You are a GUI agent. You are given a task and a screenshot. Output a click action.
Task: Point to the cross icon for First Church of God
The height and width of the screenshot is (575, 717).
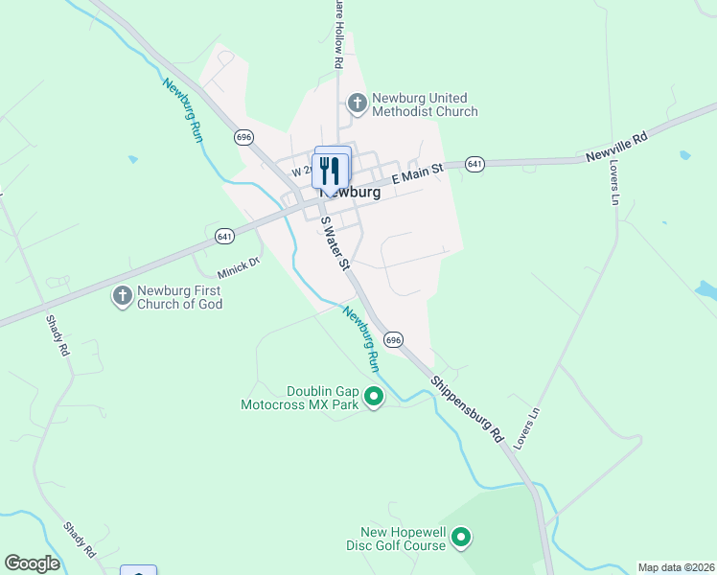point(123,296)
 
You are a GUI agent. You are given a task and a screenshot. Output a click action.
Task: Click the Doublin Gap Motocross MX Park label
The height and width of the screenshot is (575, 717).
point(299,398)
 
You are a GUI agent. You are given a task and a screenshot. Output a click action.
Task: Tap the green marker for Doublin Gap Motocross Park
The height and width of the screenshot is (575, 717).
point(375,397)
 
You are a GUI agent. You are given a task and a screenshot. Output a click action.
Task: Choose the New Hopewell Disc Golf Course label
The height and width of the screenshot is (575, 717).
point(403,539)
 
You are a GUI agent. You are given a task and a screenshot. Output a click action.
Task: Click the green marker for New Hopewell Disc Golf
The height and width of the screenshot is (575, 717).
point(461,538)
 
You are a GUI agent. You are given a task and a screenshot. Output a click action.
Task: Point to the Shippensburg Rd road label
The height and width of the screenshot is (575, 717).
point(467,407)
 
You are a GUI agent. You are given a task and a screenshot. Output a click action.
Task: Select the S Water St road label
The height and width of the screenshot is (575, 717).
point(334,243)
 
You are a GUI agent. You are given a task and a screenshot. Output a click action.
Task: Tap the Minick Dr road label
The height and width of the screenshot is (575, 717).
point(240,264)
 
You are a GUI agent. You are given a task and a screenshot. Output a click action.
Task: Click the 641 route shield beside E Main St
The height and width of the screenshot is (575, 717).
point(474,165)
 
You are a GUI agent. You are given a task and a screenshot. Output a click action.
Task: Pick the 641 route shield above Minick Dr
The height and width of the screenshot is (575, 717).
point(224,236)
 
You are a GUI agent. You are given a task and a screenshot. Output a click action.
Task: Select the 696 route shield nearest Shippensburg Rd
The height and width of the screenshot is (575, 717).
point(393,340)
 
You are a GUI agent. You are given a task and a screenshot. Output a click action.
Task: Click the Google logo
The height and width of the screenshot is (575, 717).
point(33,563)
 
